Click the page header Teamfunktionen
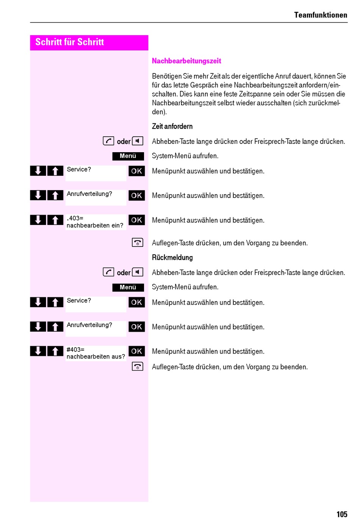[320, 15]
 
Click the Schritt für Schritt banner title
[69, 42]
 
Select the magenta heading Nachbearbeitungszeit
[186, 61]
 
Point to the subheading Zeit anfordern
[172, 126]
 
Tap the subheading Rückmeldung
[172, 257]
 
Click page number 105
[342, 514]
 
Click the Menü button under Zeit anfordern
[128, 156]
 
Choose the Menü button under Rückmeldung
[128, 287]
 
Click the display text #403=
[75, 349]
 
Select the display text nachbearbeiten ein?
[95, 225]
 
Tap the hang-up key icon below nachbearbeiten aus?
[137, 366]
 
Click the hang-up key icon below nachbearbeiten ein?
[137, 242]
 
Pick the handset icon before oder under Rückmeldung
[108, 272]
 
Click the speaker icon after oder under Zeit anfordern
[138, 141]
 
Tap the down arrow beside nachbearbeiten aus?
[38, 351]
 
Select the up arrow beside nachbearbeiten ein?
[55, 220]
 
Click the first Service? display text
[79, 169]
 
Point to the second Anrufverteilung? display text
[89, 325]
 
